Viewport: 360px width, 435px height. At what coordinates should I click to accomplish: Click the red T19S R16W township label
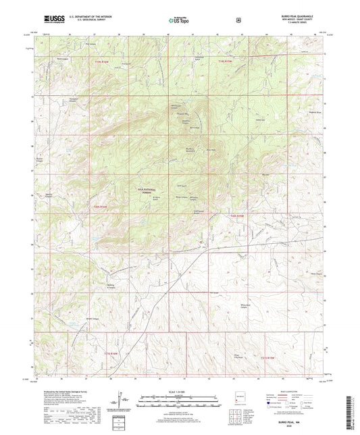(102, 63)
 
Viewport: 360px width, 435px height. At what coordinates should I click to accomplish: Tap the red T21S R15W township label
(268, 357)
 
